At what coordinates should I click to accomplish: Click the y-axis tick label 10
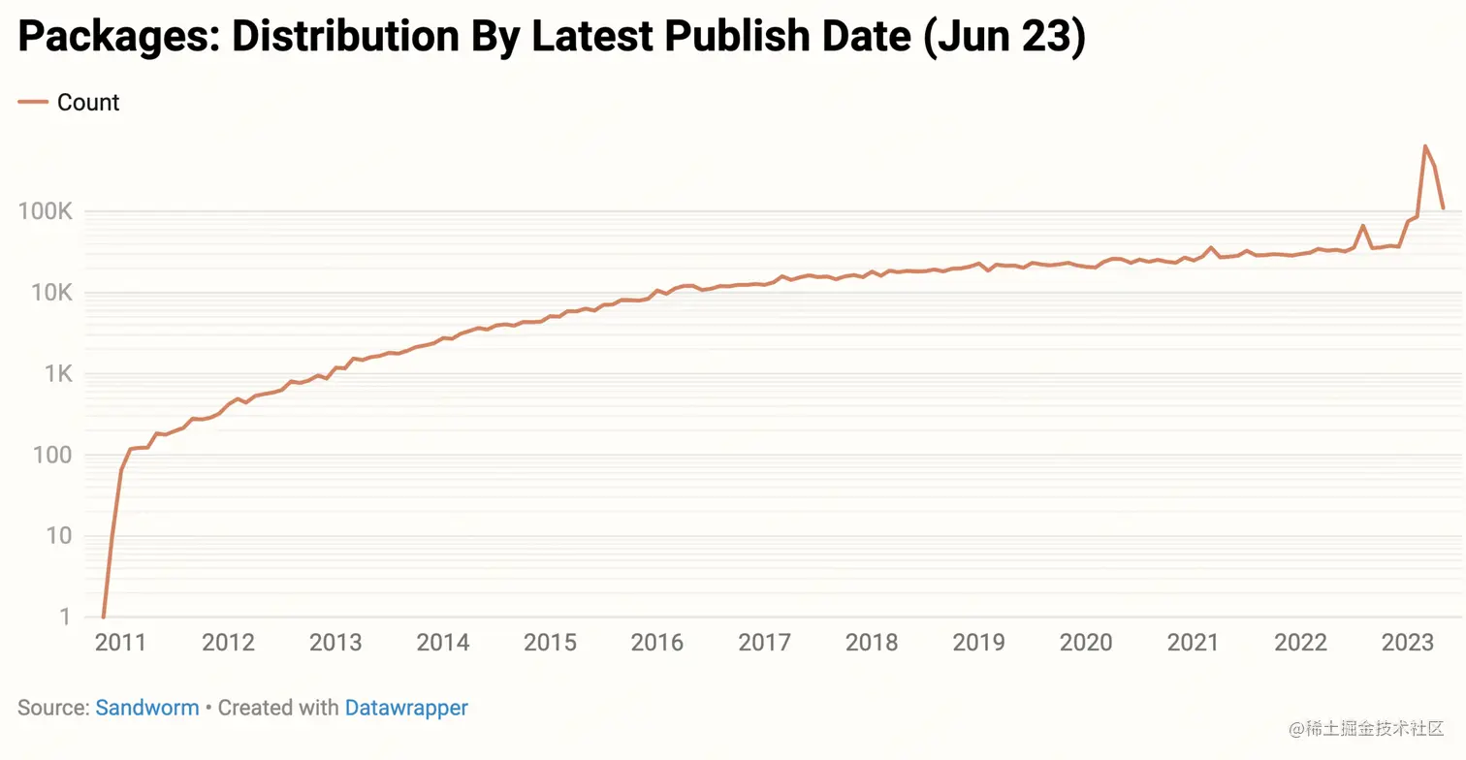click(x=57, y=536)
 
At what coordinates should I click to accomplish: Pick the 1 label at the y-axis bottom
click(x=65, y=617)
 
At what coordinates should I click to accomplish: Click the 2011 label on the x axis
click(x=120, y=643)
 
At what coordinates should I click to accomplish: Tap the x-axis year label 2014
click(x=442, y=643)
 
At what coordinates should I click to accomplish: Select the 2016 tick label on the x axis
click(x=657, y=643)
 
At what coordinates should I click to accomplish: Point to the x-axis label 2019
click(x=978, y=643)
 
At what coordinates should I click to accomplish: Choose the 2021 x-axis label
click(x=1193, y=643)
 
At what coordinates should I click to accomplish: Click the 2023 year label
click(x=1407, y=643)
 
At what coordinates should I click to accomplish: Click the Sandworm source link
click(x=147, y=708)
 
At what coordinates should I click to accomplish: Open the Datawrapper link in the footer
click(x=406, y=708)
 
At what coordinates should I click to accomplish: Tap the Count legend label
click(x=88, y=103)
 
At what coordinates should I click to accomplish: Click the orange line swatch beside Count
click(x=33, y=103)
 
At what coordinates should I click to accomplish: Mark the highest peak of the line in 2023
click(x=1424, y=146)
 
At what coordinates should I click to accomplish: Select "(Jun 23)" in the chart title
click(x=1004, y=37)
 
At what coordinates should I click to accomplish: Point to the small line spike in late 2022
click(x=1362, y=226)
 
